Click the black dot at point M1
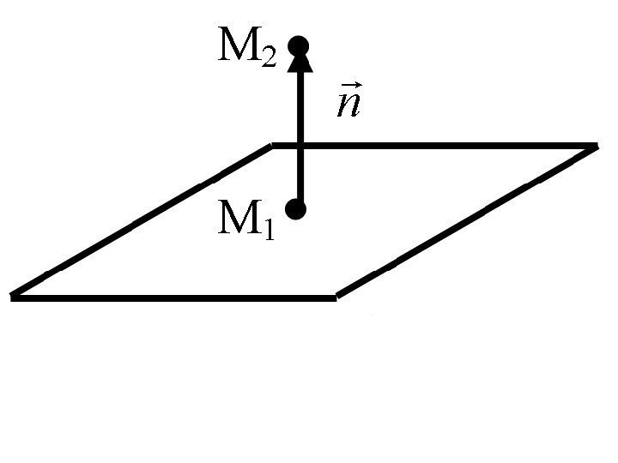click(x=297, y=208)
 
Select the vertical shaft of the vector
click(x=300, y=111)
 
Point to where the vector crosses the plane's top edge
click(x=300, y=144)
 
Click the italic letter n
click(x=347, y=105)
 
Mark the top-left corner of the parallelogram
click(x=273, y=145)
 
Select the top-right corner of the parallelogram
click(x=594, y=146)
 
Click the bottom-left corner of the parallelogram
click(x=12, y=297)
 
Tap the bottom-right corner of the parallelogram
click(x=336, y=297)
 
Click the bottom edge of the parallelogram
click(x=172, y=298)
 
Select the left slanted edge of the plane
click(x=142, y=221)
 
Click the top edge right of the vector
click(x=446, y=145)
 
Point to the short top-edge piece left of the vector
click(x=284, y=145)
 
